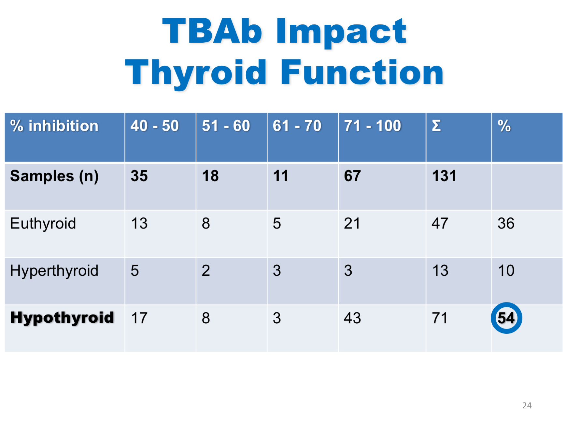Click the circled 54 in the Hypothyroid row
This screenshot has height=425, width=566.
(506, 318)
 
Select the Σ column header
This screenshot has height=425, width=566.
(436, 126)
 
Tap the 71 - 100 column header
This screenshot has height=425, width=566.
(372, 126)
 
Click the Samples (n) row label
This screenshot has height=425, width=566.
(54, 176)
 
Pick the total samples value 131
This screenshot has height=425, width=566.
(444, 176)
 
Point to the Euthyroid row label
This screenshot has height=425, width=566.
(43, 224)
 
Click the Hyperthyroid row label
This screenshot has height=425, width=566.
(54, 271)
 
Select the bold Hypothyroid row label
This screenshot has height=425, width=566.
(62, 317)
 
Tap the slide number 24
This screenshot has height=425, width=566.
(527, 405)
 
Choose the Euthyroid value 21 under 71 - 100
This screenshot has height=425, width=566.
(352, 224)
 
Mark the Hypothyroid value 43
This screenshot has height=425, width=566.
(352, 318)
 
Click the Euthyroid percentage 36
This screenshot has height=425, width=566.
(506, 224)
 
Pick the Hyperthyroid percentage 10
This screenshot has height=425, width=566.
(506, 271)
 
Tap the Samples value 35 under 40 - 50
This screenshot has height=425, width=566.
(139, 176)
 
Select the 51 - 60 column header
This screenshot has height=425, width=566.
(226, 126)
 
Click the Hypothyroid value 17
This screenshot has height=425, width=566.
(139, 318)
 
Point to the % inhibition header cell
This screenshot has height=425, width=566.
(54, 126)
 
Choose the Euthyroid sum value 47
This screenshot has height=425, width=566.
(440, 224)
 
